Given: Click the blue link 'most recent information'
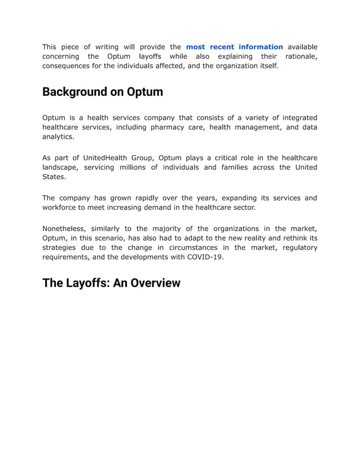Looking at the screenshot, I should (x=234, y=47).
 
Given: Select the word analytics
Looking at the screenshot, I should (x=58, y=137).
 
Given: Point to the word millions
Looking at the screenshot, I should (x=135, y=167).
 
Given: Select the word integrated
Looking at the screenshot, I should (x=296, y=117).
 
